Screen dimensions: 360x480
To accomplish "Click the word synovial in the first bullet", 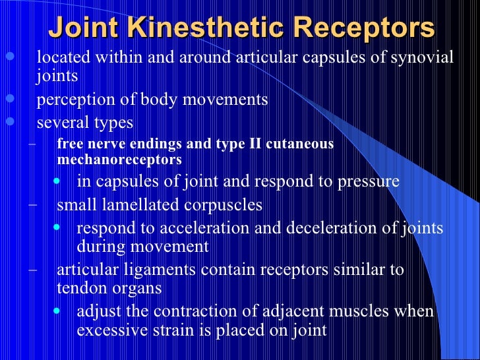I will click(x=422, y=57).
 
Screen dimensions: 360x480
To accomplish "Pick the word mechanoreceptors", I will click(x=119, y=160).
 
